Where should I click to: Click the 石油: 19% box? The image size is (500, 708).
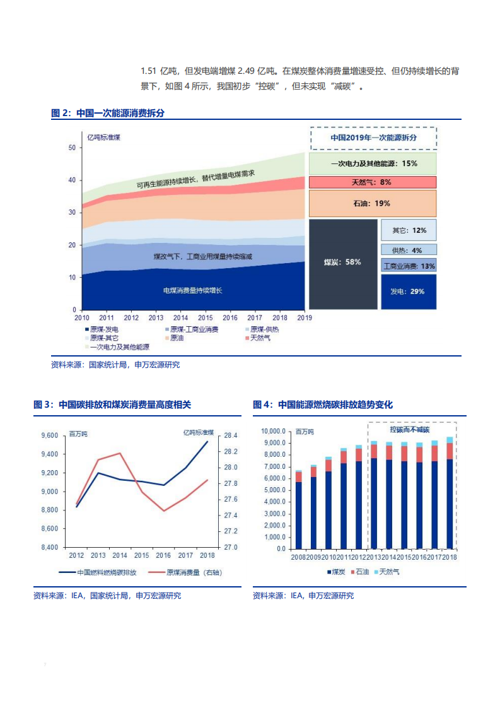(372, 203)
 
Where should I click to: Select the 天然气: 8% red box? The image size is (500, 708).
(372, 182)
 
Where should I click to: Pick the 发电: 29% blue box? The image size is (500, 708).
(408, 292)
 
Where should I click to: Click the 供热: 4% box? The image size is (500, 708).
(408, 250)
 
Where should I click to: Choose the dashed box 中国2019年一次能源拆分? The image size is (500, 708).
(373, 137)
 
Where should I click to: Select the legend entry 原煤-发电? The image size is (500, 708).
(102, 329)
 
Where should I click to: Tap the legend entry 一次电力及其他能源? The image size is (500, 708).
(116, 347)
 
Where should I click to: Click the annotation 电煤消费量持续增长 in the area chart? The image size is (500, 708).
(193, 290)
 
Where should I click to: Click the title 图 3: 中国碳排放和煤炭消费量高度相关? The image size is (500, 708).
(112, 404)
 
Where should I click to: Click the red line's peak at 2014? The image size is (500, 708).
(120, 453)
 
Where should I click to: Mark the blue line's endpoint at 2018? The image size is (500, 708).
(207, 442)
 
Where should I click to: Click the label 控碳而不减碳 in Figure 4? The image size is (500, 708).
(409, 429)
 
